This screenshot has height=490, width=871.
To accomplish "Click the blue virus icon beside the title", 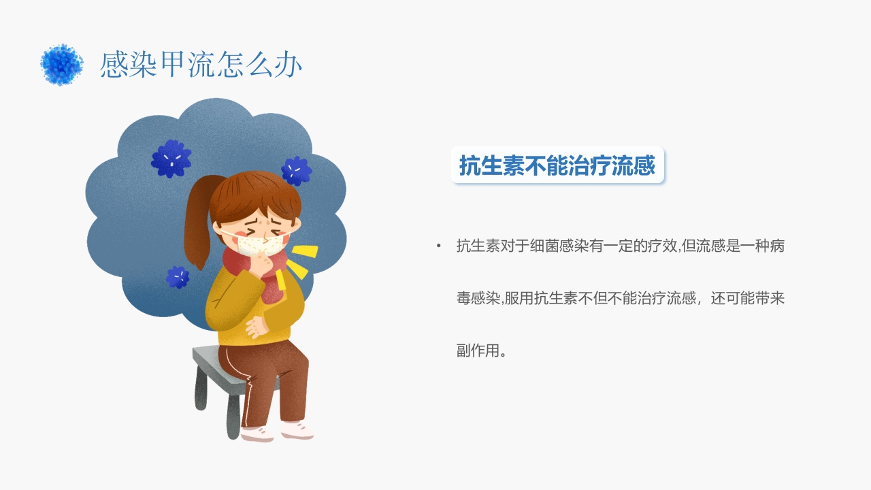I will (x=61, y=65).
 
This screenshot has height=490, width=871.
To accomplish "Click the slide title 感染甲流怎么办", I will (x=201, y=65).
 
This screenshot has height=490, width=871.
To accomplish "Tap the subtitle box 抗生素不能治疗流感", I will (x=557, y=165).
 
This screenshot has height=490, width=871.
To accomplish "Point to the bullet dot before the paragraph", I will (x=439, y=246).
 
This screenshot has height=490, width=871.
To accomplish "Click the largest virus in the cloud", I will (x=171, y=159).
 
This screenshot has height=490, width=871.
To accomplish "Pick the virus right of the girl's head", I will (x=296, y=170).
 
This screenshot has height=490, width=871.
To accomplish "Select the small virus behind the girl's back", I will (x=178, y=277).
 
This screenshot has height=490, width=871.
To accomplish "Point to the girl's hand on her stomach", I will (x=256, y=327).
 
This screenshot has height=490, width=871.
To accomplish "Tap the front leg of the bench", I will (x=233, y=415).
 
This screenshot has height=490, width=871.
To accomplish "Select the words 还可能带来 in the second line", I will (x=747, y=299).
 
